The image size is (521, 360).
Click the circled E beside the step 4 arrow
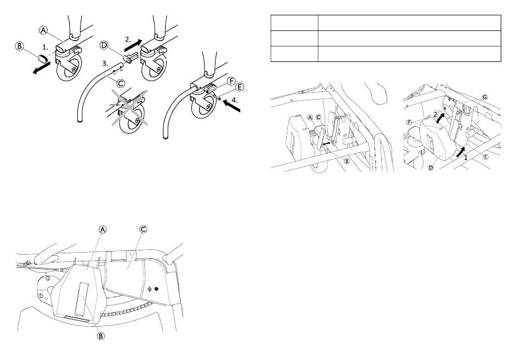coord(239,87)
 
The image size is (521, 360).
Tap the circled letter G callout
coord(485,97)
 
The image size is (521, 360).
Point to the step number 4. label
coord(235,100)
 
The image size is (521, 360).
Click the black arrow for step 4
coord(232,106)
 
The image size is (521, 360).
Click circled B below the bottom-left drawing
coord(101,336)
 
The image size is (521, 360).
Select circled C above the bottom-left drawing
coord(143,229)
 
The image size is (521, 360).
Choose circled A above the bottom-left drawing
coord(103,229)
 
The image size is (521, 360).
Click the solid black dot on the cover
coord(156,289)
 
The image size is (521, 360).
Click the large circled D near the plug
coord(104,45)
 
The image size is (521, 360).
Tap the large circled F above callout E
coord(231,81)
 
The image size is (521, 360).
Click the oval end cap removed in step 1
coord(42,59)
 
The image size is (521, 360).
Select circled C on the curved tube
coord(121,83)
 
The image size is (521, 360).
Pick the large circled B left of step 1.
coord(20,46)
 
